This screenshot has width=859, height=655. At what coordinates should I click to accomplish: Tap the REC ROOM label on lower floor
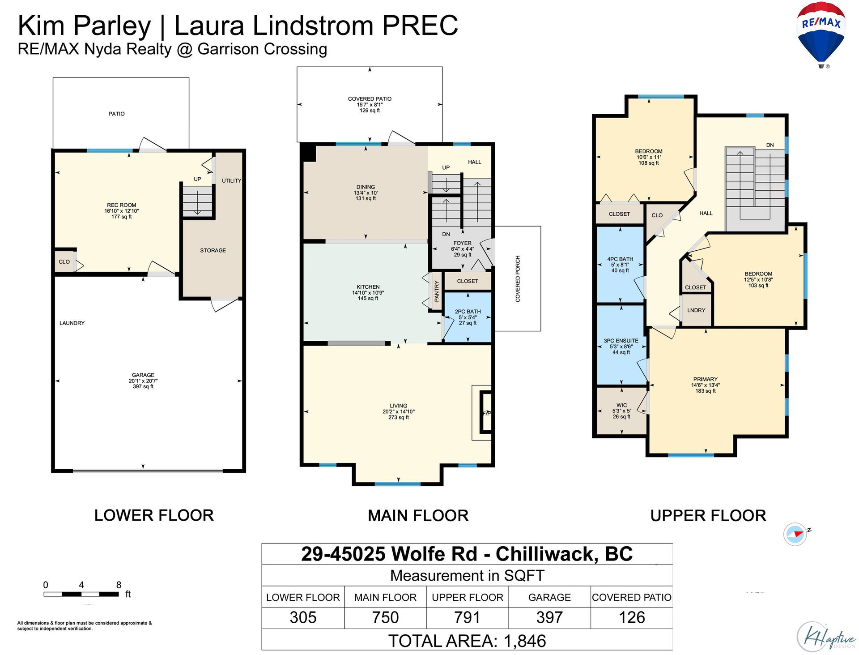(121, 205)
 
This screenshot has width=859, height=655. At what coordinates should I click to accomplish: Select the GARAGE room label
(143, 375)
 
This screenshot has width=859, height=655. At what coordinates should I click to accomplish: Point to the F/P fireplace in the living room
(486, 413)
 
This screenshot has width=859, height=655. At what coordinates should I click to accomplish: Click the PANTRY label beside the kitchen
(437, 291)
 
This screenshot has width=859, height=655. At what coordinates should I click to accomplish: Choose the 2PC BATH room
(468, 317)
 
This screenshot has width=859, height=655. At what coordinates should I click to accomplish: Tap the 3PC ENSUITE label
(621, 341)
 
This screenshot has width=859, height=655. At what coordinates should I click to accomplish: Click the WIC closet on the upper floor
(622, 411)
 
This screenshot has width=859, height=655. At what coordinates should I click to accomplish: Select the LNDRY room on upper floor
(696, 310)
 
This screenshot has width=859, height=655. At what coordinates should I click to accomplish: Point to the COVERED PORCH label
(518, 279)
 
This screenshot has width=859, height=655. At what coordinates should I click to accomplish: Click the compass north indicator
(796, 534)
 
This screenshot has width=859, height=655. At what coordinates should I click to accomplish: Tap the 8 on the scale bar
(119, 585)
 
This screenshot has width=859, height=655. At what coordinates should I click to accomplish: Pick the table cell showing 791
(467, 618)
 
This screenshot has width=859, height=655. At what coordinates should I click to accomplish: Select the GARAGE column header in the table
(549, 597)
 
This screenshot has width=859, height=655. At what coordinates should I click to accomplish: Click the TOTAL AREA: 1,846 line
(467, 641)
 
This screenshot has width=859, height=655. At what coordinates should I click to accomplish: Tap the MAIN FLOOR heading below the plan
(418, 516)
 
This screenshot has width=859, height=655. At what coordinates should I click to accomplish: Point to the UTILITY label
(231, 181)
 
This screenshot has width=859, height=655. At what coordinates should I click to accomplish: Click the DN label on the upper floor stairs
(770, 145)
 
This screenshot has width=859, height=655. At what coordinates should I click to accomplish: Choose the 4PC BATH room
(620, 265)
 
